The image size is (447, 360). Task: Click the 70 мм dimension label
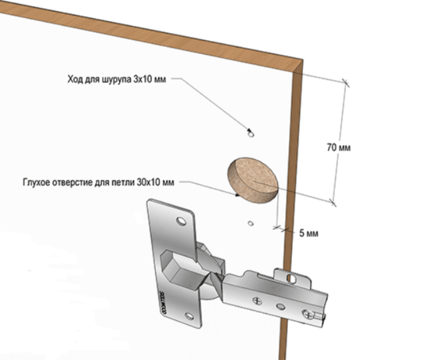[x=339, y=148]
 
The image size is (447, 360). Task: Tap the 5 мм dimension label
[x=309, y=233]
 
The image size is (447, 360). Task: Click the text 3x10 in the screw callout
[x=143, y=80]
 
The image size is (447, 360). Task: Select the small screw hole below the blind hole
[x=251, y=223]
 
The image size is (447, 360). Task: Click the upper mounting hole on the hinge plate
[x=181, y=220]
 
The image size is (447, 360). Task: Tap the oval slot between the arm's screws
[x=280, y=306]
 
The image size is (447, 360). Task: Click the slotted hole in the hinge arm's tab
[x=291, y=278]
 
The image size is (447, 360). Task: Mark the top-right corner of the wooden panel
[x=302, y=60]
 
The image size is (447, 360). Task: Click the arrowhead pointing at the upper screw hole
[x=249, y=130]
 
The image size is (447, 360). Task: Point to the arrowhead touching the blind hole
[x=235, y=194]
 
